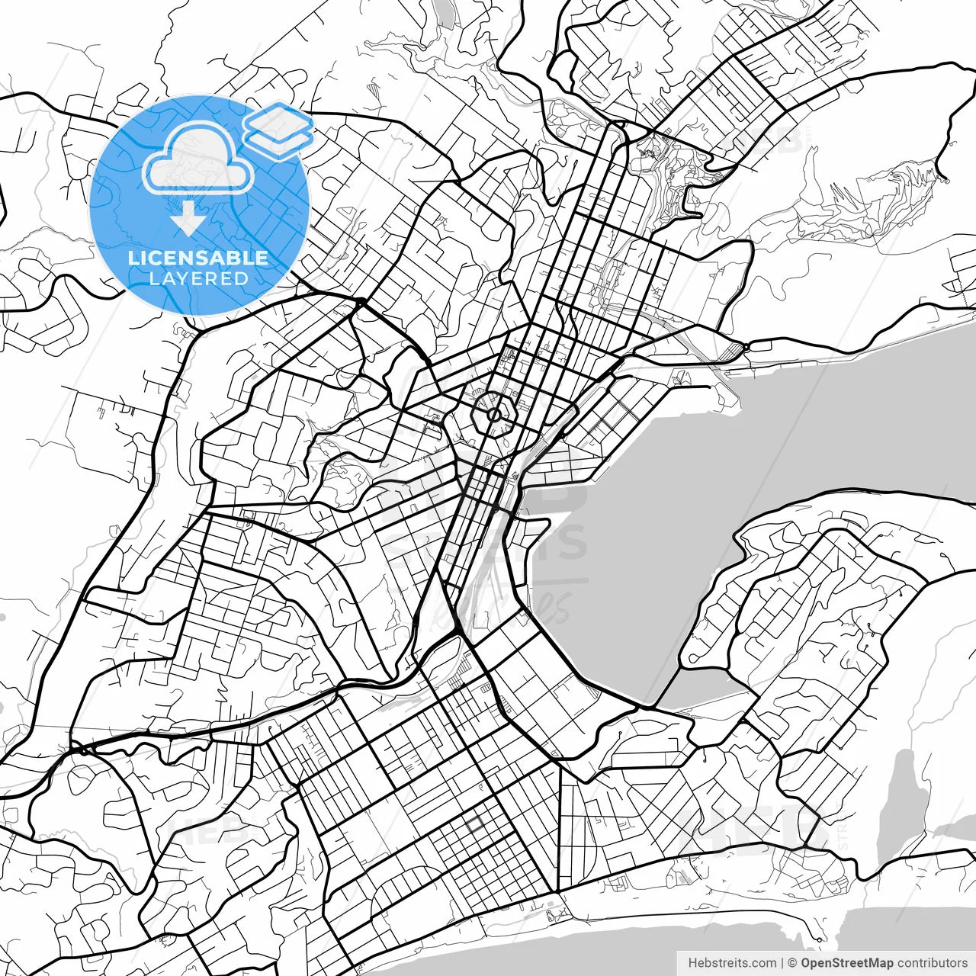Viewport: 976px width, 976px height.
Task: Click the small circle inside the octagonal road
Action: point(493,415)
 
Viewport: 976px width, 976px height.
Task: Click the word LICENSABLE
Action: point(198,258)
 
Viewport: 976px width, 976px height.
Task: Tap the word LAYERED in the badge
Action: point(198,279)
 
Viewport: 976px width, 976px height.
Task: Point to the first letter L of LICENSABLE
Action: point(132,258)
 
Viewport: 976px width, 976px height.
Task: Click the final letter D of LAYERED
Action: point(242,279)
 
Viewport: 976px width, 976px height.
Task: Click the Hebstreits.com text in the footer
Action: point(733,963)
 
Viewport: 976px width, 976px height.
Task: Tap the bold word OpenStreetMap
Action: point(847,963)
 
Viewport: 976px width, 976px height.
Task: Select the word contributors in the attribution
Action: point(932,963)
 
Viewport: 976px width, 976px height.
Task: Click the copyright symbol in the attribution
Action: point(792,963)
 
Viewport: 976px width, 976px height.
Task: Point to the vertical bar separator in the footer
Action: point(782,963)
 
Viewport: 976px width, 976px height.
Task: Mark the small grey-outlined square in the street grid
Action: point(475,824)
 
